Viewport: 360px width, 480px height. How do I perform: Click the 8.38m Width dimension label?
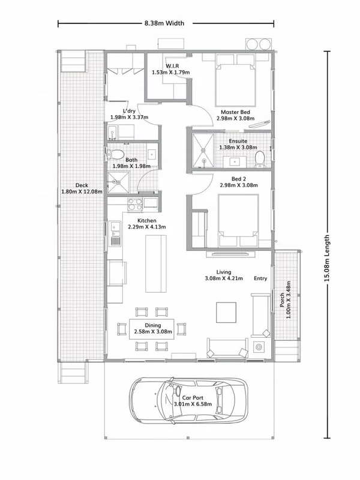(164, 23)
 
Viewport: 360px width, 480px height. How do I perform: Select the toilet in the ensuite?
(259, 158)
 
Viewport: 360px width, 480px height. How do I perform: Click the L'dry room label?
(128, 112)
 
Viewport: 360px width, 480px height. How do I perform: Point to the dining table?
(152, 328)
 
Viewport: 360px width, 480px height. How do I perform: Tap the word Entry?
(261, 278)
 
